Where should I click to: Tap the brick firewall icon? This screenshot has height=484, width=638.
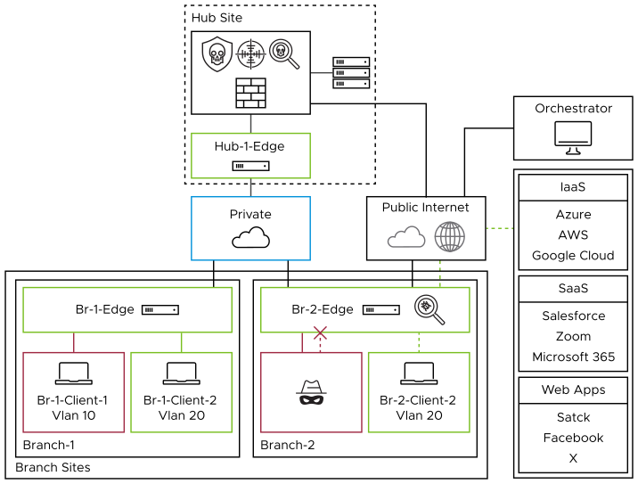coord(250,93)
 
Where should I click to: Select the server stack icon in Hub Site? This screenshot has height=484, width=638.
coord(350,72)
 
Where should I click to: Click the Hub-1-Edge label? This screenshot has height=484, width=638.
coord(249,146)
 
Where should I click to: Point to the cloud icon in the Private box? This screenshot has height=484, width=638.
coord(250,237)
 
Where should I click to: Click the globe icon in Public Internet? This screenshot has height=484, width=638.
coord(449,237)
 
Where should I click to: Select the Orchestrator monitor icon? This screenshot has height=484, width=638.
coord(573,135)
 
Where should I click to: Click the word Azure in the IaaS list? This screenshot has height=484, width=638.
coord(573,215)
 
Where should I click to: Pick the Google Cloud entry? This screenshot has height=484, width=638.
coord(573,255)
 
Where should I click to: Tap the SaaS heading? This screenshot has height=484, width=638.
coord(573,289)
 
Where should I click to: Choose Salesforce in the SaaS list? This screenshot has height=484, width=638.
coord(573,316)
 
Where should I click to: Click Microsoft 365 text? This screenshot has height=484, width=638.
coord(573,357)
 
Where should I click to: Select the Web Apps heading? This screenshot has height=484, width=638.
coord(573,390)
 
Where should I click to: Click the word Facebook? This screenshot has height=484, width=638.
coord(573,438)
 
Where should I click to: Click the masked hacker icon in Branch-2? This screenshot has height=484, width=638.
coord(311,392)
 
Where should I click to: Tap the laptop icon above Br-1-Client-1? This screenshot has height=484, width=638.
coord(73,373)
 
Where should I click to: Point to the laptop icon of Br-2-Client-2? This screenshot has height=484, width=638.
coord(418,373)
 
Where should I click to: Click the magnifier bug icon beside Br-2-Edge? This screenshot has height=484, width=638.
coord(429,308)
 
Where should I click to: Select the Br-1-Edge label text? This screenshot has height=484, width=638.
coord(105,309)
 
